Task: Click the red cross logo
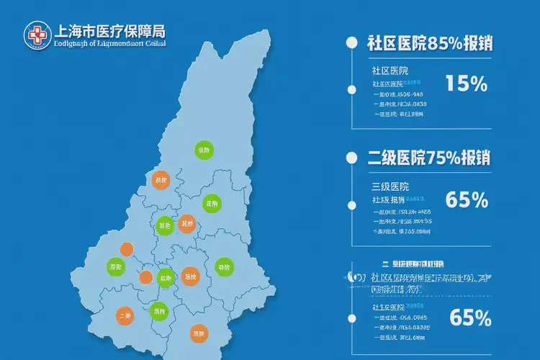pyautogui.click(x=37, y=35)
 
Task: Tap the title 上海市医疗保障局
pyautogui.click(x=109, y=32)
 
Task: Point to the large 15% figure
pyautogui.click(x=466, y=84)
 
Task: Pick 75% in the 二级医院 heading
pyautogui.click(x=442, y=158)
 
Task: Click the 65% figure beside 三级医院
pyautogui.click(x=467, y=199)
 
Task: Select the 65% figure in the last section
pyautogui.click(x=469, y=317)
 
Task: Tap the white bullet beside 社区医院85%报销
pyautogui.click(x=351, y=42)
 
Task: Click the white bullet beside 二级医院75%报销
pyautogui.click(x=351, y=158)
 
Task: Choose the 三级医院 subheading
pyautogui.click(x=390, y=186)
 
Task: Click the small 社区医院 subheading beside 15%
pyautogui.click(x=390, y=71)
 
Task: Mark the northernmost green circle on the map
pyautogui.click(x=204, y=150)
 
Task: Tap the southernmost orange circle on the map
pyautogui.click(x=198, y=333)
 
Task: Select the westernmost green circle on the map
pyautogui.click(x=116, y=266)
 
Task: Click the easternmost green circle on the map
pyautogui.click(x=224, y=267)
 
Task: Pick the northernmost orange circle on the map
pyautogui.click(x=161, y=180)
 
